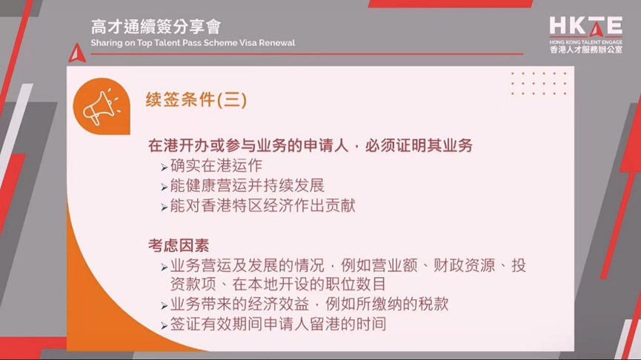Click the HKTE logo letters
(586, 27)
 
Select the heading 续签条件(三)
(196, 100)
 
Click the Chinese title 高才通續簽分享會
(156, 27)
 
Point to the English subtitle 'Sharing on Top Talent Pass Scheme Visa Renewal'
(193, 43)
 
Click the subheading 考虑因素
(179, 246)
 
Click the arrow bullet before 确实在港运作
(165, 167)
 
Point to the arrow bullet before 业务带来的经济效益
(165, 306)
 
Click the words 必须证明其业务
(419, 145)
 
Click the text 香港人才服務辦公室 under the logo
(586, 50)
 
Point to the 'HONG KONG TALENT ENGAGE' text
(586, 42)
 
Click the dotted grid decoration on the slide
(539, 84)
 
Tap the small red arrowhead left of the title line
(77, 53)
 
